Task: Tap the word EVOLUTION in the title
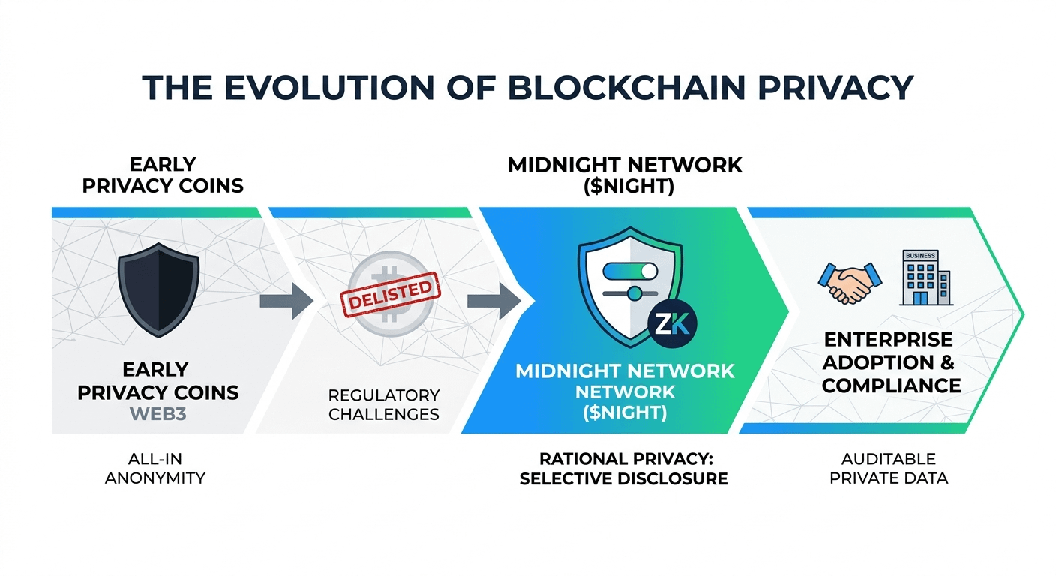[347, 88]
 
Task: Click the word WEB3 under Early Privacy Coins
[159, 414]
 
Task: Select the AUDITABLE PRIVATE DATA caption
[889, 469]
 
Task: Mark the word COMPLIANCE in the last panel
[891, 385]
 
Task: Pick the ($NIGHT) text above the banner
[625, 187]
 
